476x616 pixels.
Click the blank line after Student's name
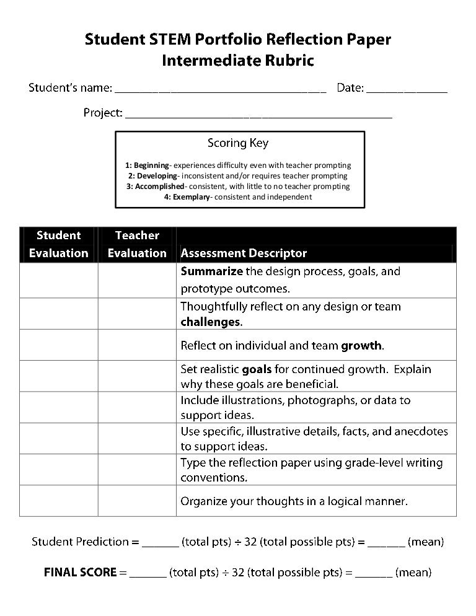pyautogui.click(x=221, y=89)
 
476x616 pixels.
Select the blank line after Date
pyautogui.click(x=407, y=89)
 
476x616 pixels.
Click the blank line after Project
pyautogui.click(x=258, y=115)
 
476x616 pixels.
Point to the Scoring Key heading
pyautogui.click(x=238, y=143)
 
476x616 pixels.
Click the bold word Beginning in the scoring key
pyautogui.click(x=151, y=165)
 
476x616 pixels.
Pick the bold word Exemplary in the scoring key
pyautogui.click(x=191, y=197)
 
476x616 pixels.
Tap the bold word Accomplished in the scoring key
pyautogui.click(x=159, y=187)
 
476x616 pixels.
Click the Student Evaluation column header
pyautogui.click(x=58, y=244)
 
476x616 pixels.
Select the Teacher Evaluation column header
pyautogui.click(x=137, y=244)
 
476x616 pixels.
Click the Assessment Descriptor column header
pyautogui.click(x=244, y=253)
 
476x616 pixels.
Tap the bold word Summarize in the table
pyautogui.click(x=211, y=271)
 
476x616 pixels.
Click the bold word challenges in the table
pyautogui.click(x=210, y=322)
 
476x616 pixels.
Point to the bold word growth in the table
pyautogui.click(x=362, y=345)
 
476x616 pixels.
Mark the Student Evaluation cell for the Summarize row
pyautogui.click(x=58, y=280)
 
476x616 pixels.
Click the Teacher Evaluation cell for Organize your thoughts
pyautogui.click(x=137, y=501)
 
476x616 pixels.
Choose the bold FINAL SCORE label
pyautogui.click(x=80, y=573)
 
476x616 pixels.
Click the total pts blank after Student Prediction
pyautogui.click(x=160, y=543)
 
